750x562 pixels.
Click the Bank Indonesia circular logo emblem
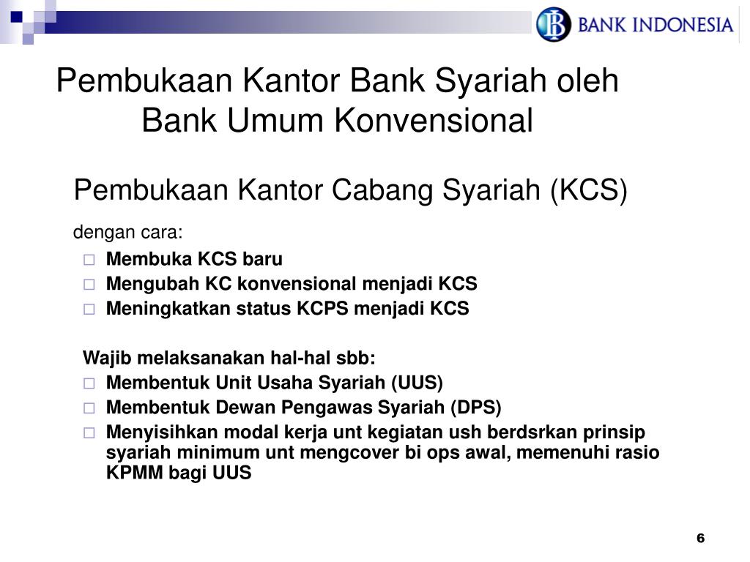click(x=553, y=24)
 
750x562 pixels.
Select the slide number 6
click(x=700, y=539)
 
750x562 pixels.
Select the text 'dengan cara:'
click(x=127, y=233)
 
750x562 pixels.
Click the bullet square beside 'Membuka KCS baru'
click(x=89, y=260)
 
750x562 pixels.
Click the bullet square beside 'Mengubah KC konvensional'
click(x=89, y=285)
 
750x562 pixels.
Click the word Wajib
click(x=105, y=359)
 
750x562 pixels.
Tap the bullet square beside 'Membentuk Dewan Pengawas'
click(x=89, y=408)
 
